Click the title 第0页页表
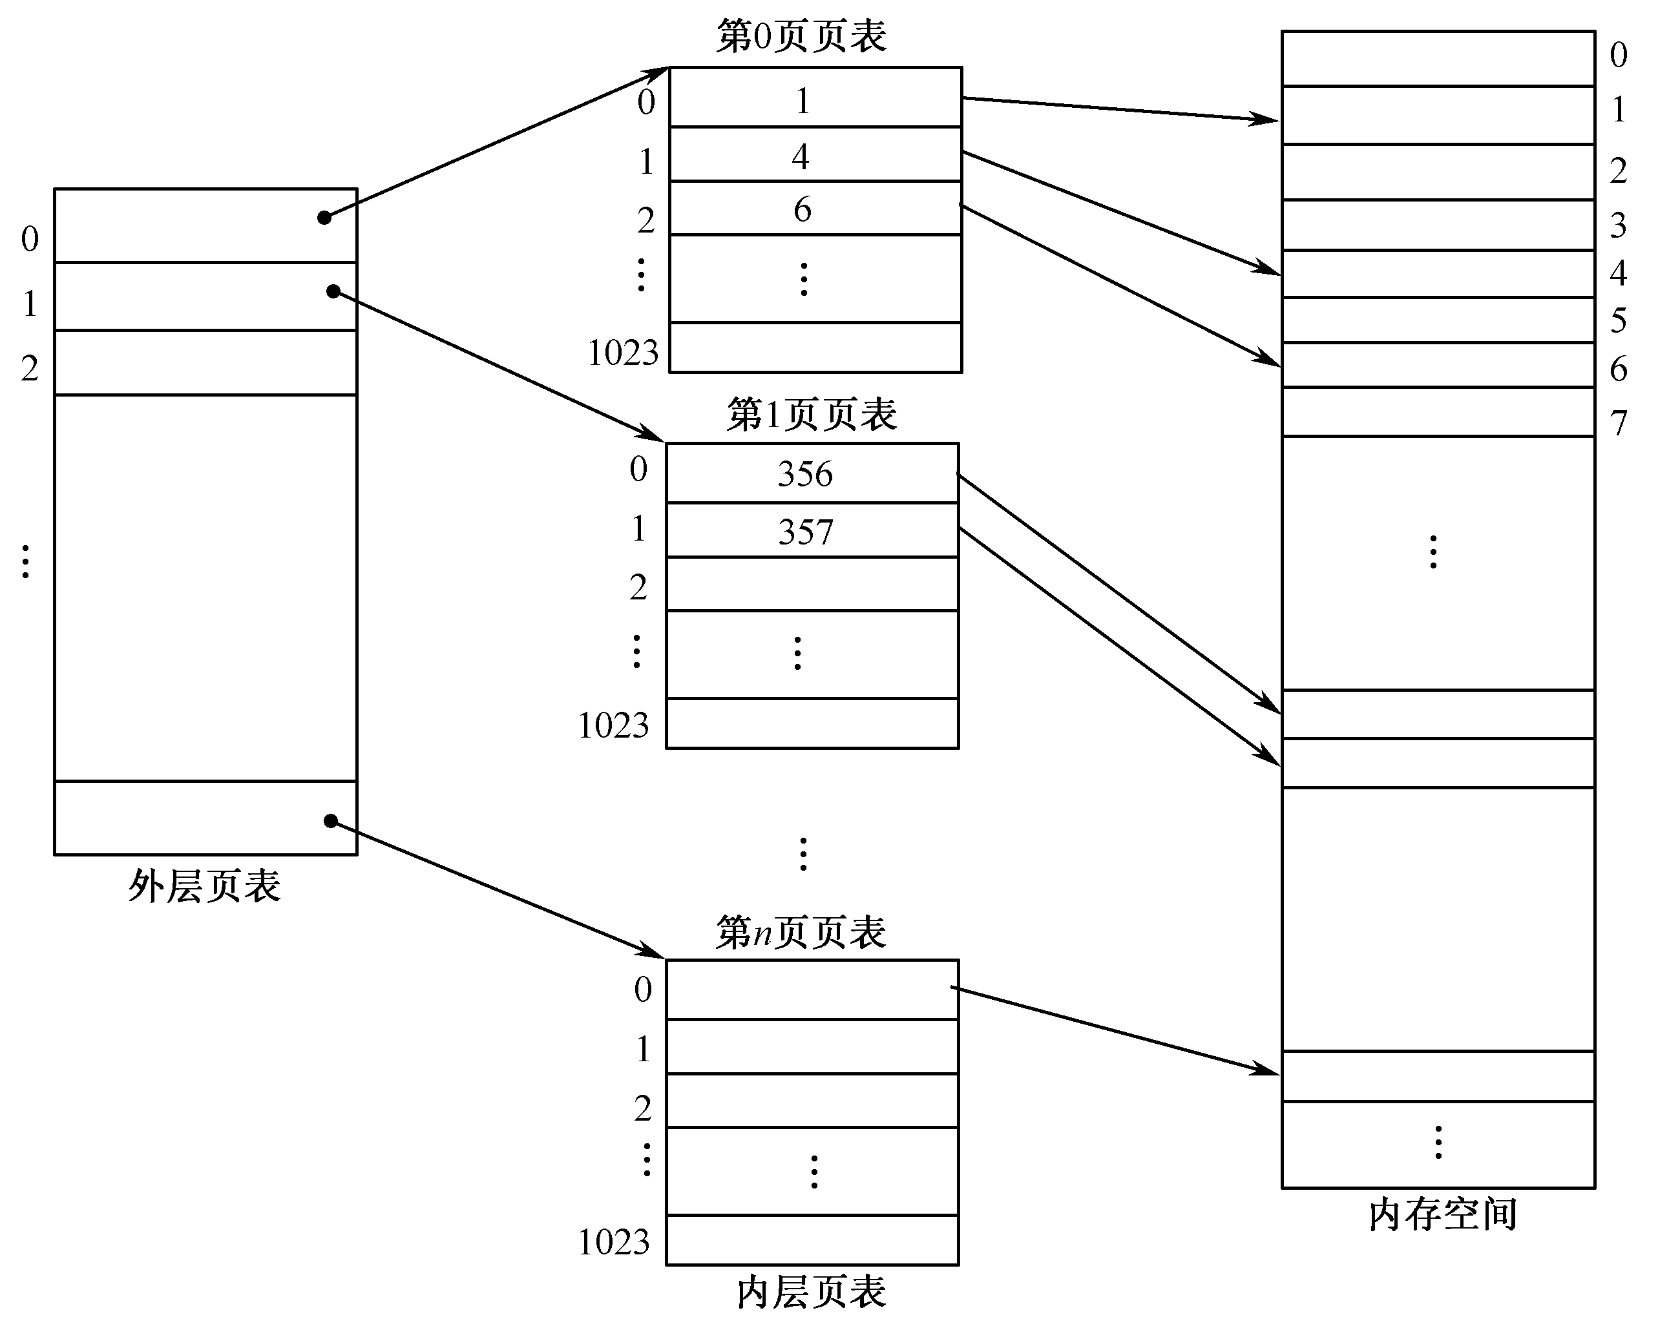[801, 36]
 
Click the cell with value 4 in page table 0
[815, 155]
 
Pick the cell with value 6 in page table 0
[815, 208]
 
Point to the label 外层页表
[204, 886]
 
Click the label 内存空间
[1442, 1214]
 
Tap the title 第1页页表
[812, 415]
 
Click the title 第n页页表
[801, 932]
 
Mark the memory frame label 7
[1618, 423]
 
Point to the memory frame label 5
[1618, 320]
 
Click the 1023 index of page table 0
[622, 353]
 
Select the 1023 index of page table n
[613, 1242]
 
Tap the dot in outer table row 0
[324, 218]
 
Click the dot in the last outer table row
[331, 820]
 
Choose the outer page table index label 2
[30, 368]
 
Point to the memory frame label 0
[1618, 55]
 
